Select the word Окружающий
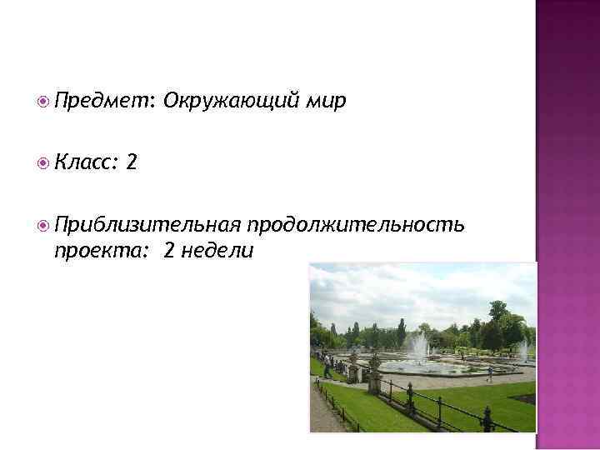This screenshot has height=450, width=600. (228, 102)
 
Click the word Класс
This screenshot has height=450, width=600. (86, 163)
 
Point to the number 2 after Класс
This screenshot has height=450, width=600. (132, 163)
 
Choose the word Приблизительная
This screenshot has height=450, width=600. (147, 225)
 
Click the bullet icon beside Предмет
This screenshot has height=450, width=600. (43, 102)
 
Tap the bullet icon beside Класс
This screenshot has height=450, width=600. (43, 164)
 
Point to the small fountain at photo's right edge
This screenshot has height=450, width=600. (523, 350)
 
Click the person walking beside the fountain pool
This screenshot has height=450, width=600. (489, 374)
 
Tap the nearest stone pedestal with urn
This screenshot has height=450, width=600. (374, 379)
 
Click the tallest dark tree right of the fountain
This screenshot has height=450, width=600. (498, 321)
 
